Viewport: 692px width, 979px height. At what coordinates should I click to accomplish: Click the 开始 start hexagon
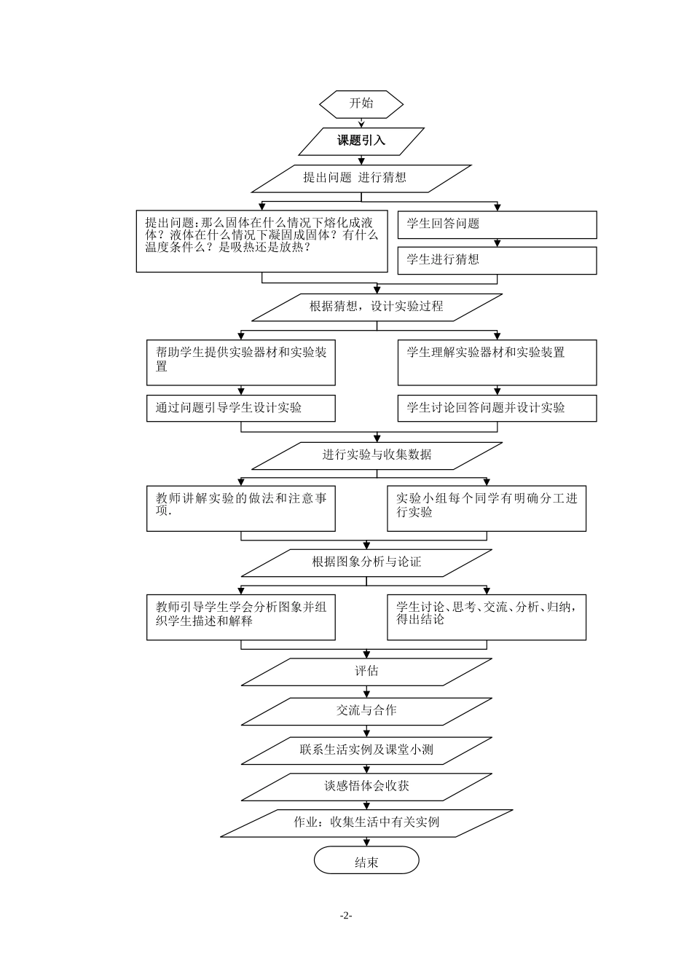pos(361,103)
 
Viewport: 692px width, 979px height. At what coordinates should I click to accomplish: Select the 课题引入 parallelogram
pos(361,141)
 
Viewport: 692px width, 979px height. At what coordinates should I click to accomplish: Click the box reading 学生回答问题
pos(497,224)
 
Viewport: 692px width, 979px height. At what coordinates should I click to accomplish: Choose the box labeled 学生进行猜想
pos(497,260)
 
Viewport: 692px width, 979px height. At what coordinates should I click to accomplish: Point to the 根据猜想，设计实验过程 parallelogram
pos(377,307)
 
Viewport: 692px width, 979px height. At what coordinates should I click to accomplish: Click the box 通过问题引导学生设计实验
pos(240,408)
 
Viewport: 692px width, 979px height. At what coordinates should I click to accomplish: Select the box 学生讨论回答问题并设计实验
pos(497,408)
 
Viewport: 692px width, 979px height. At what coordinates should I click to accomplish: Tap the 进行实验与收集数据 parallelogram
pos(377,455)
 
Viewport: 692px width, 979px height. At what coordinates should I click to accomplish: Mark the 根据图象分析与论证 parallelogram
pos(366,562)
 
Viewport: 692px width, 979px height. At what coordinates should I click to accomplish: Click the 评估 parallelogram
pos(366,672)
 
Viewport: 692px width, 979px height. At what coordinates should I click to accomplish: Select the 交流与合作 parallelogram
pos(366,710)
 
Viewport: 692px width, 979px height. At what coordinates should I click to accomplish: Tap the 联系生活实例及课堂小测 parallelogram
pos(366,750)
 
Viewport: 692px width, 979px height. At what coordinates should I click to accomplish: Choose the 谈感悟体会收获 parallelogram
pos(366,787)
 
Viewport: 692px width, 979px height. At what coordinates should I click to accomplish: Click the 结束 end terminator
pos(366,861)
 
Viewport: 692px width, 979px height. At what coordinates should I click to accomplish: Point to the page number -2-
pos(346,916)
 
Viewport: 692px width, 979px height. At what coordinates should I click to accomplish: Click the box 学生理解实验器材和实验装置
pos(497,362)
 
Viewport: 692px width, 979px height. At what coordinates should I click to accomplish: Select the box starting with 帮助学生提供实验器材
pos(240,362)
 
